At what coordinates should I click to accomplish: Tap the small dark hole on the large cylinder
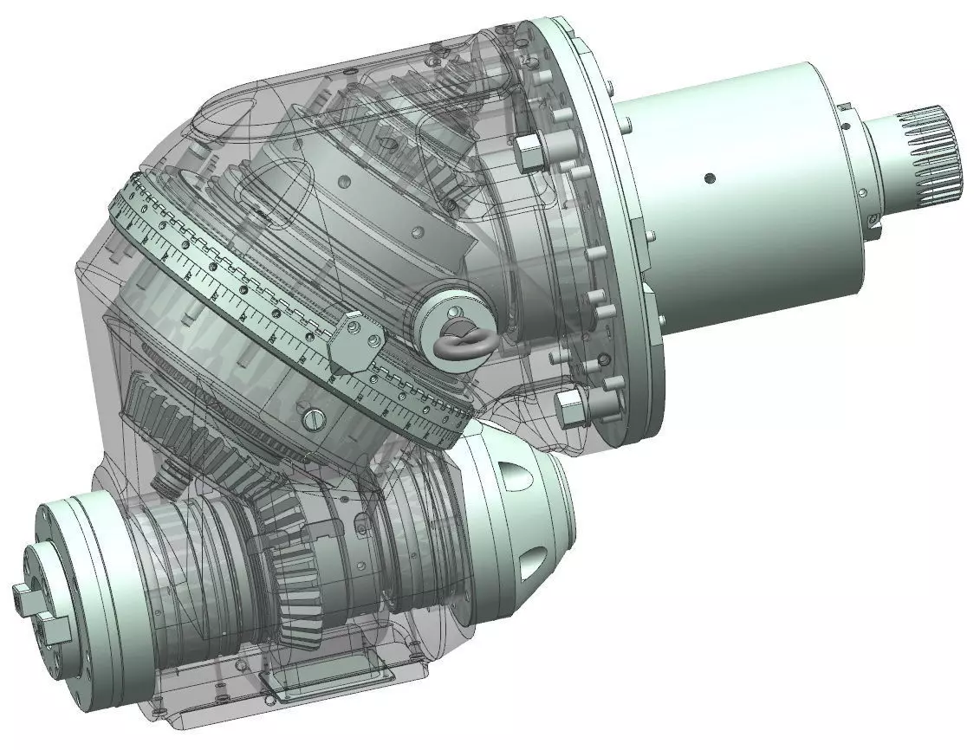coord(710,178)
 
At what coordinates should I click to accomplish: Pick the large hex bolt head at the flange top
coord(526,152)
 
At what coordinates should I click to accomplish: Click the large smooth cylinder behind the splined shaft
coord(737,199)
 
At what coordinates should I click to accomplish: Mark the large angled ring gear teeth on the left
coord(173,424)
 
